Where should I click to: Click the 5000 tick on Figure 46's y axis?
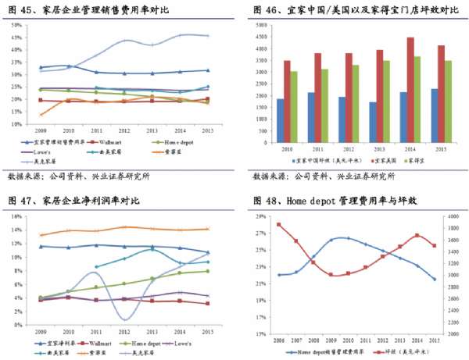click(x=263, y=25)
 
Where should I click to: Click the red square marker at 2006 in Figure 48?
click(x=279, y=225)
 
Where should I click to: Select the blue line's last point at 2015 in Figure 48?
click(x=435, y=280)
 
